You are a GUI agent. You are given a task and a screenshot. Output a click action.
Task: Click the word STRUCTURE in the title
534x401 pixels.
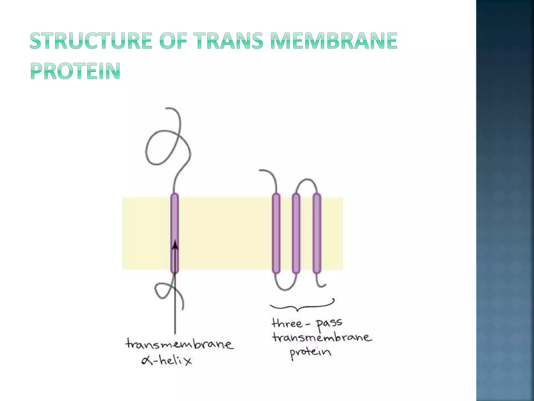pos(91,41)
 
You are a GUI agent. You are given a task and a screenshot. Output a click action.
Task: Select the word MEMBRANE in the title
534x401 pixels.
pos(334,41)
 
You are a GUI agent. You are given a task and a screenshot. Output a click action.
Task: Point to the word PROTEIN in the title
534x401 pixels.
pos(76,71)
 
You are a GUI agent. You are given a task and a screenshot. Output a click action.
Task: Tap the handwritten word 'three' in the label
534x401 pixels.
pos(287,324)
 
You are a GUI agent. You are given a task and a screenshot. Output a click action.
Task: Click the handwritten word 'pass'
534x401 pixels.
pos(329,324)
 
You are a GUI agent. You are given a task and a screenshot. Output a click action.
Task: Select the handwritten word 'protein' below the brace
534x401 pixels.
pos(311,353)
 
